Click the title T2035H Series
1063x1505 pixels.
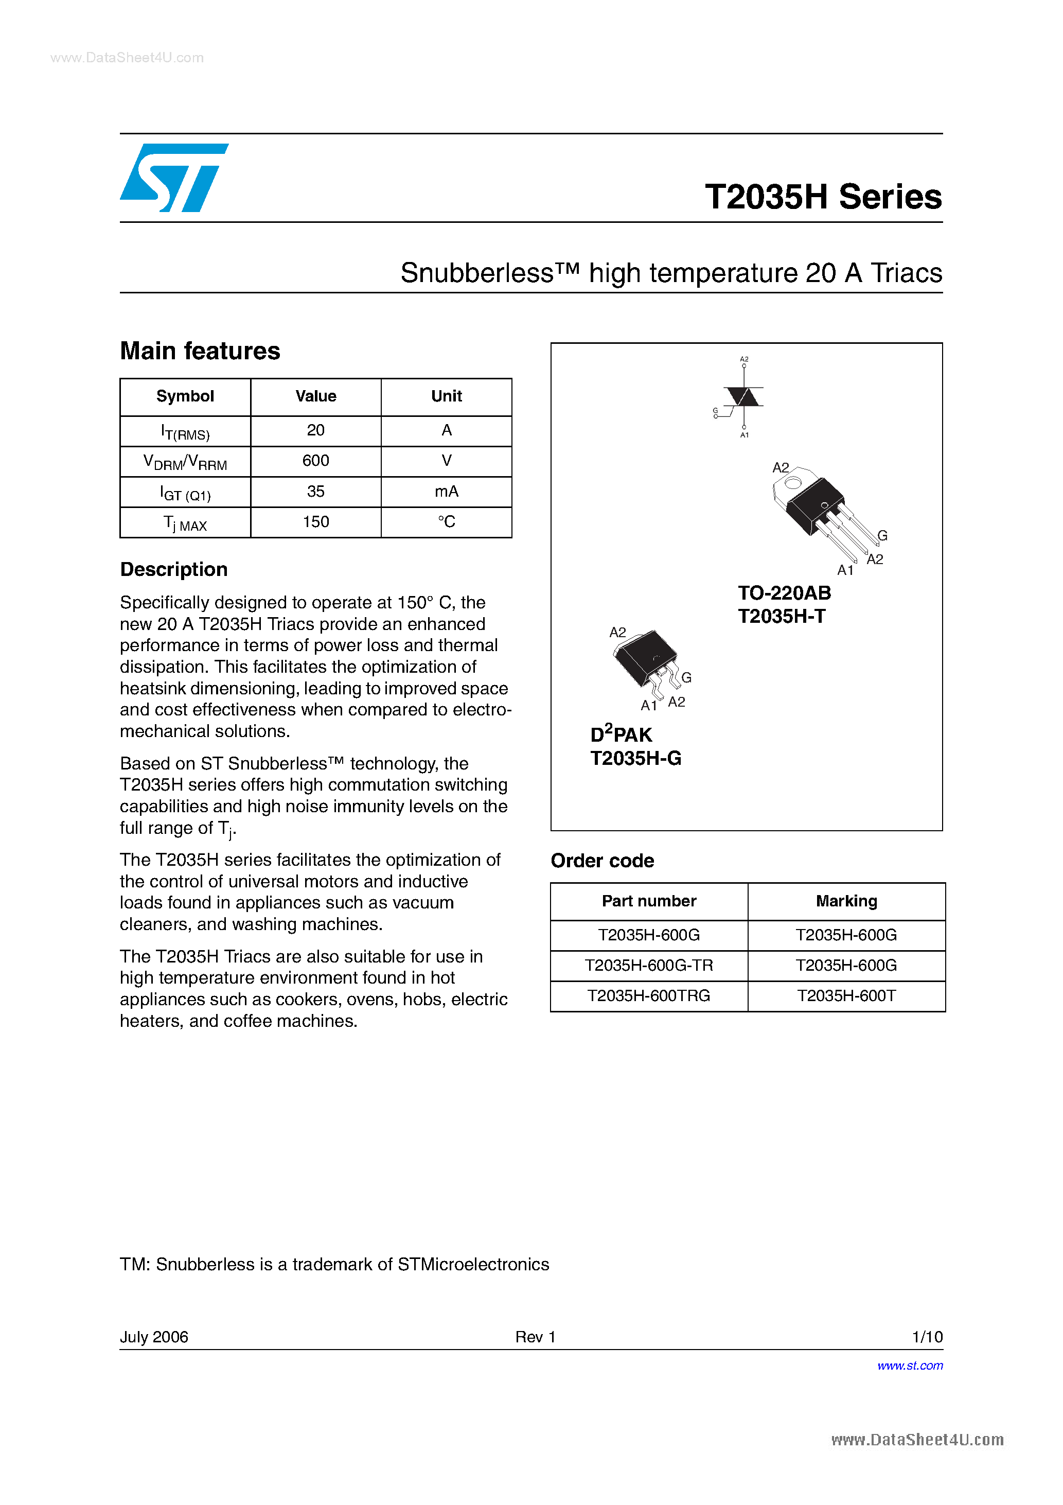pyautogui.click(x=823, y=197)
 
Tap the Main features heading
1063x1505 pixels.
pyautogui.click(x=200, y=352)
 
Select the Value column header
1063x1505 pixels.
pyautogui.click(x=315, y=396)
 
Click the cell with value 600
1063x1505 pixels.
pyautogui.click(x=315, y=461)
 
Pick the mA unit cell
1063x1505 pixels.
pyautogui.click(x=446, y=492)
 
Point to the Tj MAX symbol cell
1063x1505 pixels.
pyautogui.click(x=185, y=523)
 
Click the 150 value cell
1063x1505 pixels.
pyautogui.click(x=315, y=522)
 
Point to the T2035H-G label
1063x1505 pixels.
pyautogui.click(x=636, y=758)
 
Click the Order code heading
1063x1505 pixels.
pyautogui.click(x=601, y=861)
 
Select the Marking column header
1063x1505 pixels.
pyautogui.click(x=846, y=901)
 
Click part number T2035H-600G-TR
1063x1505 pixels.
pyautogui.click(x=648, y=966)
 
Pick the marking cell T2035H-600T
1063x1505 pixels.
pyautogui.click(x=846, y=995)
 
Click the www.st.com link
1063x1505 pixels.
pyautogui.click(x=910, y=1366)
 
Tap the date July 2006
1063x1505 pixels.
pyautogui.click(x=154, y=1337)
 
